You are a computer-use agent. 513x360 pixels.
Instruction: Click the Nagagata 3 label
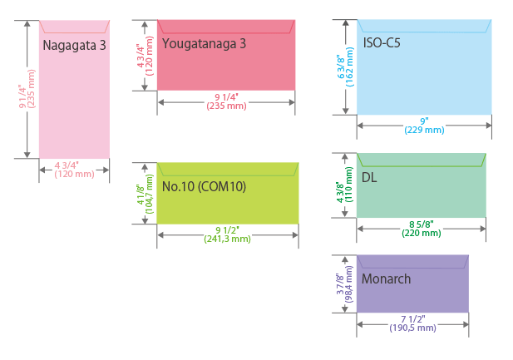[74, 45]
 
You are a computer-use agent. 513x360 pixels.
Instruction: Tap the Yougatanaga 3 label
[204, 43]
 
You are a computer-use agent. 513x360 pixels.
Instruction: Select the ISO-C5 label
[382, 42]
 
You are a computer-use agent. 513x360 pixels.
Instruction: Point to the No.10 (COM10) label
[204, 186]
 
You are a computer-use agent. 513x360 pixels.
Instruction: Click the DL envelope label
[369, 177]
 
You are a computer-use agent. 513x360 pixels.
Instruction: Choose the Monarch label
[386, 279]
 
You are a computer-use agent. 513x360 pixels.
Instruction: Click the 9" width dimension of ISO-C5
[424, 121]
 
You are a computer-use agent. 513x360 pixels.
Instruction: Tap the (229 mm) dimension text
[424, 131]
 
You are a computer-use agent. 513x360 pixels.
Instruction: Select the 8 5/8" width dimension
[422, 224]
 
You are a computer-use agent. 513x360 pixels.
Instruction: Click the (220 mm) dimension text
[422, 234]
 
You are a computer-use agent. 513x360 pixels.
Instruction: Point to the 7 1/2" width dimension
[412, 318]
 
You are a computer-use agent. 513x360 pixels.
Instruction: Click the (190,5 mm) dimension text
[412, 328]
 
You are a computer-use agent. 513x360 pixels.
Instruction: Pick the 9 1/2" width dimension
[227, 229]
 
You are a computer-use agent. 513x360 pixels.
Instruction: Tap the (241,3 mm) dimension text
[227, 239]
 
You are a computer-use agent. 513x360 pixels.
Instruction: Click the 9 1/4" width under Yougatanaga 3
[224, 96]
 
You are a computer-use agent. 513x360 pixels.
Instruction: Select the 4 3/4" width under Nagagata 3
[73, 165]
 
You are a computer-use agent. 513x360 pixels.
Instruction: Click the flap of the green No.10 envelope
[227, 170]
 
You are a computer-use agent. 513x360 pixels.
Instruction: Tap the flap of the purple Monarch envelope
[412, 261]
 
